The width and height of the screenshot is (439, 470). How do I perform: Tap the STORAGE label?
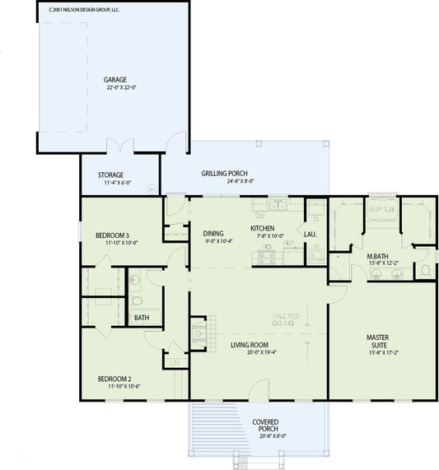pyautogui.click(x=111, y=175)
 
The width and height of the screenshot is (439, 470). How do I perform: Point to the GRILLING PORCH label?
pyautogui.click(x=225, y=174)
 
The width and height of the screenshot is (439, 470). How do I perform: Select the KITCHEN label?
pyautogui.click(x=263, y=228)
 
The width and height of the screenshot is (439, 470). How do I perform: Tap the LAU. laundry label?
pyautogui.click(x=311, y=235)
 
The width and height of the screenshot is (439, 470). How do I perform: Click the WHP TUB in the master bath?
pyautogui.click(x=380, y=209)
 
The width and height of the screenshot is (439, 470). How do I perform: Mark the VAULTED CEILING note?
pyautogui.click(x=286, y=319)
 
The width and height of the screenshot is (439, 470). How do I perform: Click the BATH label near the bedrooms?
pyautogui.click(x=142, y=317)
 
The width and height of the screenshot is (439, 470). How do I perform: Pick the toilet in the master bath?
pyautogui.click(x=425, y=270)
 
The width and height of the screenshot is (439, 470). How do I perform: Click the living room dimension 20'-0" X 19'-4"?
pyautogui.click(x=249, y=352)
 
